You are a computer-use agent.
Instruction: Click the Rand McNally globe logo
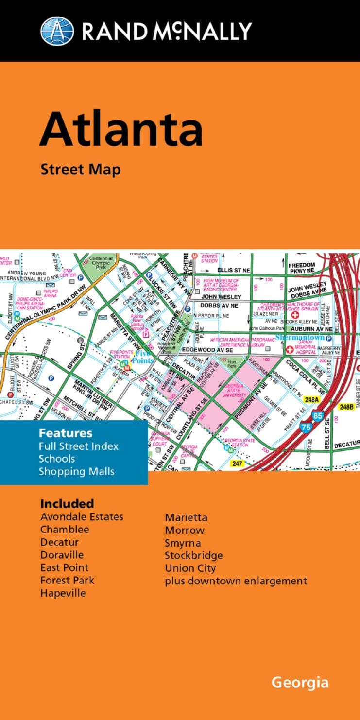click(57, 31)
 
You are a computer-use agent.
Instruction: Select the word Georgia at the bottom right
click(300, 682)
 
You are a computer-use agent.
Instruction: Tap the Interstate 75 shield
click(306, 427)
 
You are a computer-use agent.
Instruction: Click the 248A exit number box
click(310, 399)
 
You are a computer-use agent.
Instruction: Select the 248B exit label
click(347, 407)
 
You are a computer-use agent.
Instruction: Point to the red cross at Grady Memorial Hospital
click(290, 349)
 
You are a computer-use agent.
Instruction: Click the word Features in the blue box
click(66, 433)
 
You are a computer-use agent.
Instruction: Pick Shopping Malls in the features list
click(77, 471)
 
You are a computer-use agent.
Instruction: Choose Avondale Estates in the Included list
click(82, 516)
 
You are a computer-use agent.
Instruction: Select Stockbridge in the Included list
click(194, 555)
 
